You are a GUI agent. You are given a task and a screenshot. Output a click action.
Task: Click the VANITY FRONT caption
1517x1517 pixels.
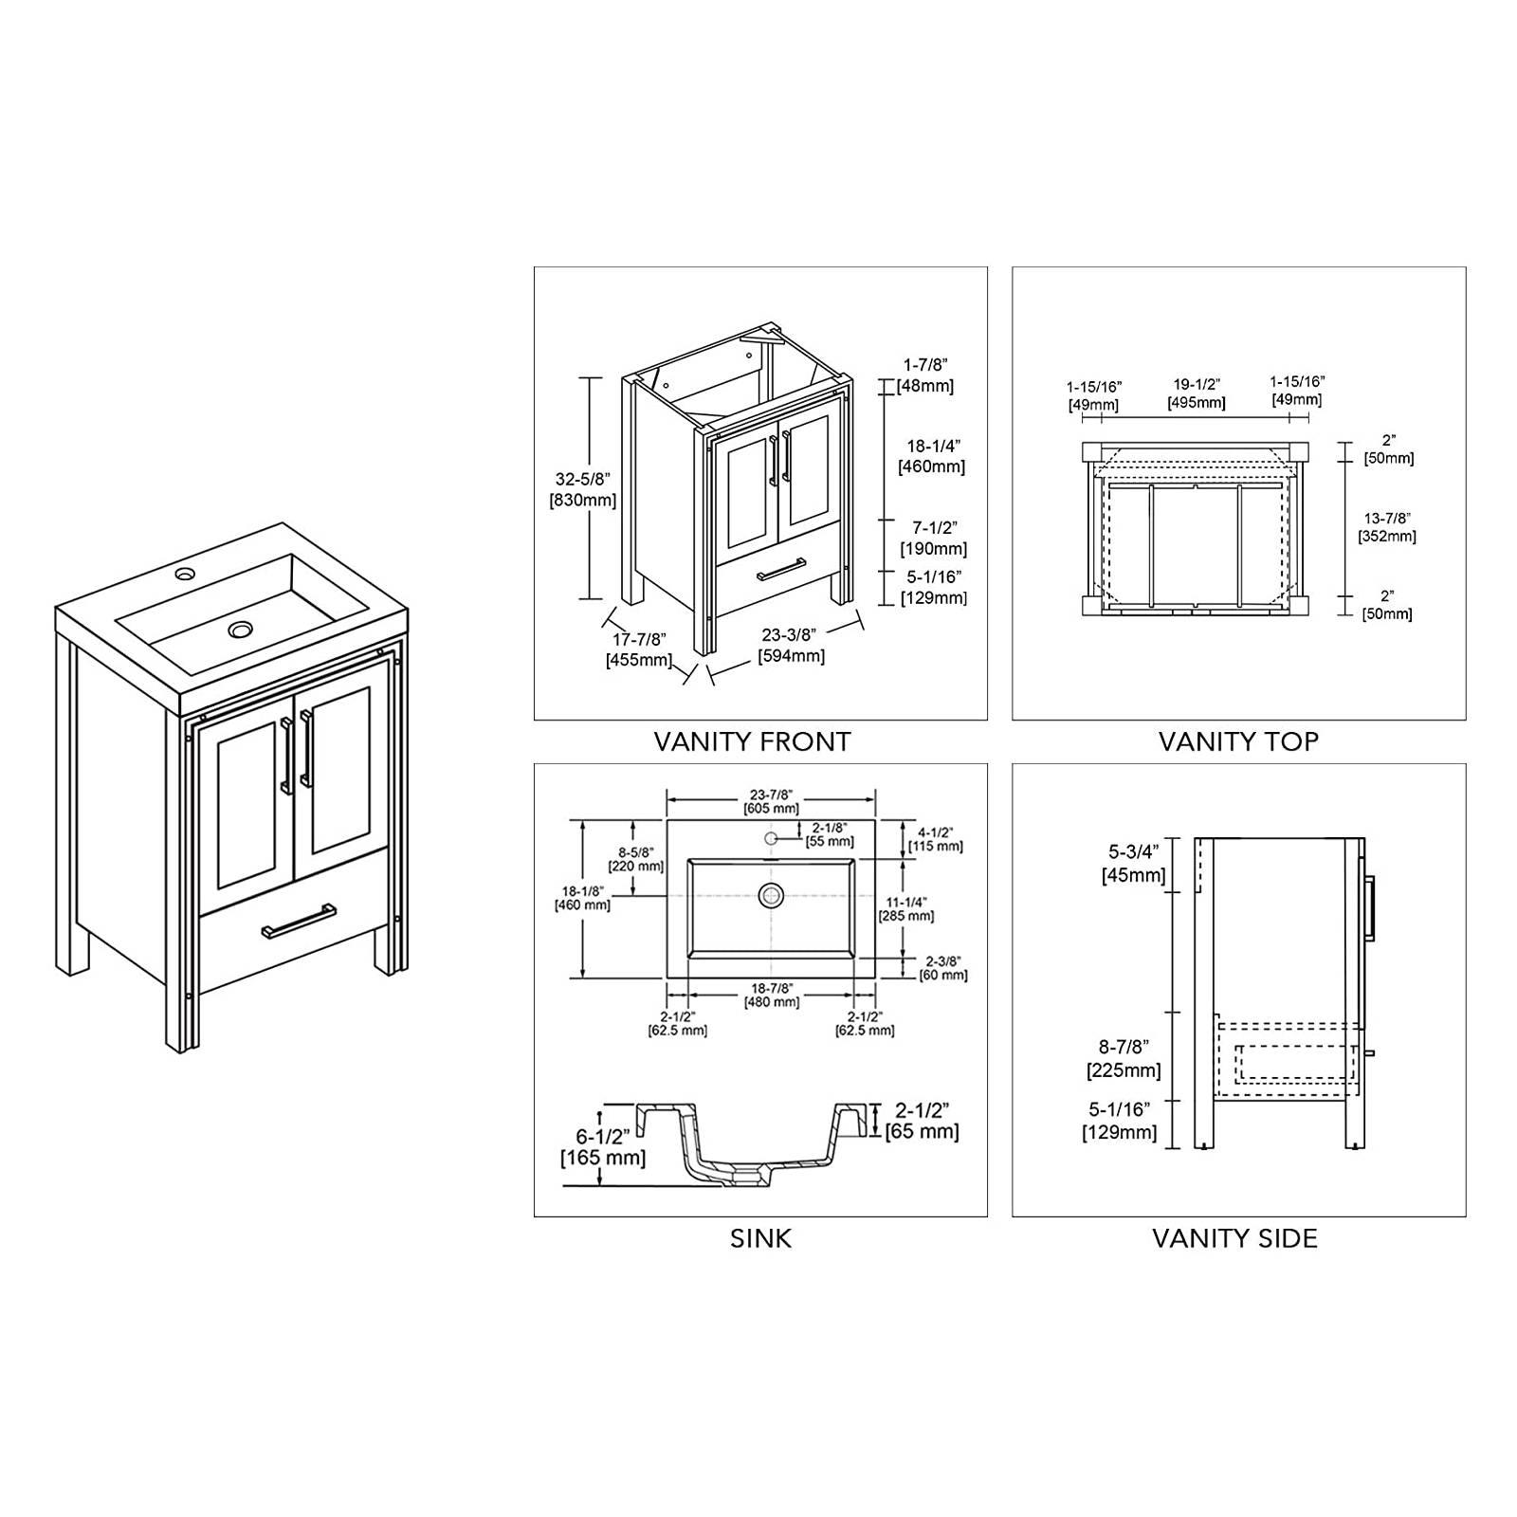752,741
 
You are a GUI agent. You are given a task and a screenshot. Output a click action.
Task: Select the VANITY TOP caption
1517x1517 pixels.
1237,741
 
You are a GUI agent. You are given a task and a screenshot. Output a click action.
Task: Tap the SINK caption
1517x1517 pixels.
760,1238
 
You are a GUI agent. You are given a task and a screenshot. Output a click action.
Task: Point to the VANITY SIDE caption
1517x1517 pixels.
1234,1238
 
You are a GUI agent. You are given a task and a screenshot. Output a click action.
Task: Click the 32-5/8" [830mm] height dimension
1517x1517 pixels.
582,489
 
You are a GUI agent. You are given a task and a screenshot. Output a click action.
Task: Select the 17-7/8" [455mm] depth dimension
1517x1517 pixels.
638,649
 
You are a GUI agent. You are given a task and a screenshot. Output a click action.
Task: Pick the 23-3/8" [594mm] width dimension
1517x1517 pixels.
791,646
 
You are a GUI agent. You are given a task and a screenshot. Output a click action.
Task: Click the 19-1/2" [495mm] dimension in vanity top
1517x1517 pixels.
1196,393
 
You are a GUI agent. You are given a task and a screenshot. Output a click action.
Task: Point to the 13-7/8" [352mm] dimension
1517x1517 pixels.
1386,527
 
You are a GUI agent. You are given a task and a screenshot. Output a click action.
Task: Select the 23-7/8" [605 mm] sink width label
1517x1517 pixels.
771,802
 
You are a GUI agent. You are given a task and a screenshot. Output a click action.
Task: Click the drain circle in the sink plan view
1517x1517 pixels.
771,894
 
